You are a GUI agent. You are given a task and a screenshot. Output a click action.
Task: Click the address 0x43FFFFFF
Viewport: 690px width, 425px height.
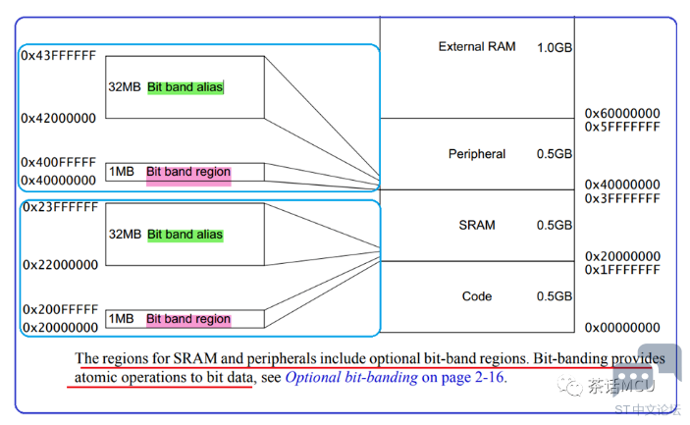[x=59, y=56]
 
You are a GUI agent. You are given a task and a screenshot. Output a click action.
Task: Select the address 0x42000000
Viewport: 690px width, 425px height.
[x=59, y=118]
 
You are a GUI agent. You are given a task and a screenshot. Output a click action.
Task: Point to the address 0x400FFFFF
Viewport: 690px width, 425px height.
[x=59, y=162]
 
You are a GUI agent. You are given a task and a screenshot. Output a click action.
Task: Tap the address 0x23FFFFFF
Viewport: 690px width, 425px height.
[x=59, y=207]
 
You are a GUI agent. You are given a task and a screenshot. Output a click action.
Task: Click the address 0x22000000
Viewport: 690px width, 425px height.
[x=59, y=265]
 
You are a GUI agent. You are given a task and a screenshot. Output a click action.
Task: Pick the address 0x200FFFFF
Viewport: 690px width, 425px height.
[x=59, y=309]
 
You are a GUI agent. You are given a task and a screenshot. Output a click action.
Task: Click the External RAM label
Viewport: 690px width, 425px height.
[x=476, y=47]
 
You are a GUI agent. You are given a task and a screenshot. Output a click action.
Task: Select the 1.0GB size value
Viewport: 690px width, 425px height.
[x=555, y=47]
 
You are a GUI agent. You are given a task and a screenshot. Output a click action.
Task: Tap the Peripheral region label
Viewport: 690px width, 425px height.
[x=476, y=154]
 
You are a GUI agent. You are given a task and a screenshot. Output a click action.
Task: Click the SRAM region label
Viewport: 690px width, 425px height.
[x=477, y=225]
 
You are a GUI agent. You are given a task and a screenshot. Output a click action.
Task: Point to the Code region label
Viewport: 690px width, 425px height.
[x=477, y=296]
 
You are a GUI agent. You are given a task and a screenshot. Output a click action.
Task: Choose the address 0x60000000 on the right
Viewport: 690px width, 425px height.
[x=622, y=114]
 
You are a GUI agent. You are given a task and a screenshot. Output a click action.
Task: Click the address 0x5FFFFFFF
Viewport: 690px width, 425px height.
[x=622, y=127]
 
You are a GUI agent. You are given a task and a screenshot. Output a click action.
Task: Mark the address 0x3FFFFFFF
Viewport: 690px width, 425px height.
[x=622, y=198]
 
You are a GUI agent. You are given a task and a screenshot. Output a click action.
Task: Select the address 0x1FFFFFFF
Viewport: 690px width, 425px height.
[x=622, y=270]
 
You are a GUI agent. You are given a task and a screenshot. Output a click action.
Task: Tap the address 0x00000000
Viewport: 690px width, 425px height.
[x=622, y=328]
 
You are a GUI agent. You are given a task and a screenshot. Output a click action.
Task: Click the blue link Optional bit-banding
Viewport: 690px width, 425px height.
[x=351, y=377]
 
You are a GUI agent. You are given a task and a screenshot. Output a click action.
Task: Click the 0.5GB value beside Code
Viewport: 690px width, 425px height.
[x=555, y=296]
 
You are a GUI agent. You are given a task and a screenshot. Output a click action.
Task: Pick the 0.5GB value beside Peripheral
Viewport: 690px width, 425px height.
[x=555, y=154]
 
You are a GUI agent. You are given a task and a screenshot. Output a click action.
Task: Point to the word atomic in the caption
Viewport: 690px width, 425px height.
[x=96, y=377]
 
